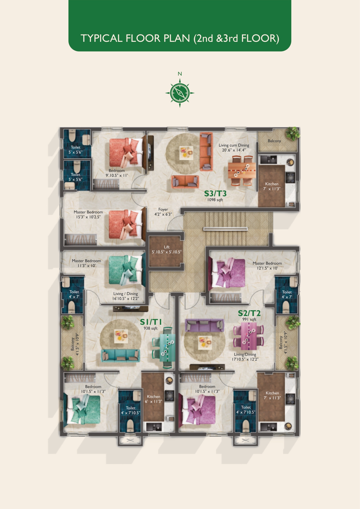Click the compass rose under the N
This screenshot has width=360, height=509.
[180, 93]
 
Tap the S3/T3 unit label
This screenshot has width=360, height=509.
[215, 193]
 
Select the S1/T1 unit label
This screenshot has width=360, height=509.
[151, 322]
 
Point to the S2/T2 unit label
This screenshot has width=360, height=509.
[249, 313]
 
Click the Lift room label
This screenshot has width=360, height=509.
[167, 250]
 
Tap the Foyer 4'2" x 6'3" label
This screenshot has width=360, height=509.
[163, 212]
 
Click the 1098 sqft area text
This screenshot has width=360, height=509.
[215, 200]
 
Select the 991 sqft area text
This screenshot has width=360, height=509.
[249, 320]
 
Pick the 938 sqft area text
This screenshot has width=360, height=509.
[151, 328]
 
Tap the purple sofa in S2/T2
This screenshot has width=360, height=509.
[205, 325]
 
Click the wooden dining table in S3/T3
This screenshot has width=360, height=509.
[242, 170]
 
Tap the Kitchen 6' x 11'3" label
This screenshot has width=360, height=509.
[153, 399]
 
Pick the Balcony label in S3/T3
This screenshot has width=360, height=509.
[274, 141]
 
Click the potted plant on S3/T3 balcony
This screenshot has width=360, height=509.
[292, 133]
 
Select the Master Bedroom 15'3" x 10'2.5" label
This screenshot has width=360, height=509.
[88, 214]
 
